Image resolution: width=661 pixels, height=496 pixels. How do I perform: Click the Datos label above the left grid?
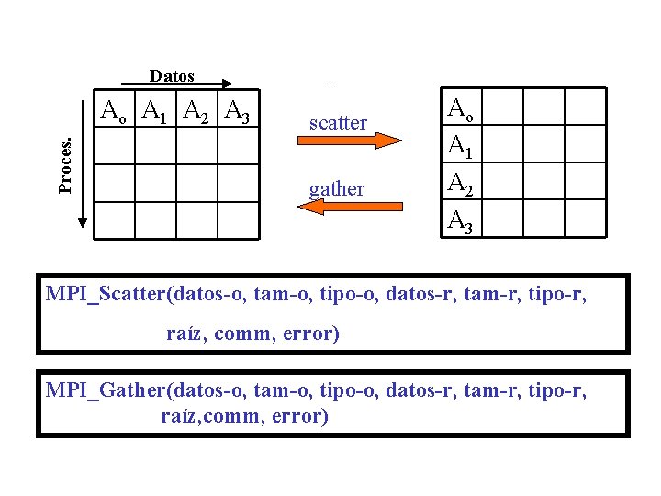pyautogui.click(x=172, y=76)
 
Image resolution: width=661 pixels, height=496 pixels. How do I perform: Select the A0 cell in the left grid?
pyautogui.click(x=115, y=111)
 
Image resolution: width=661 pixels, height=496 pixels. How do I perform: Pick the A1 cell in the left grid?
pyautogui.click(x=154, y=111)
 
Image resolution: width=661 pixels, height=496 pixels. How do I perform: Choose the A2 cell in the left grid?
pyautogui.click(x=196, y=111)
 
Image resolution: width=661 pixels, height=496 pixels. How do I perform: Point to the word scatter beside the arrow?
pyautogui.click(x=338, y=122)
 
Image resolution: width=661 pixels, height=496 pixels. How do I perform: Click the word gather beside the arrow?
pyautogui.click(x=337, y=189)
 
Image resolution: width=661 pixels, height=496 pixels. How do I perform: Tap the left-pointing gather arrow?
pyautogui.click(x=350, y=208)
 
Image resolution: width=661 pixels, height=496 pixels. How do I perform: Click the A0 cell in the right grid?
pyautogui.click(x=460, y=108)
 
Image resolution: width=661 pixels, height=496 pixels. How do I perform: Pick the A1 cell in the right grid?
pyautogui.click(x=460, y=145)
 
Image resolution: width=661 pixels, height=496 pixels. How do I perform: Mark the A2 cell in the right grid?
pyautogui.click(x=460, y=182)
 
